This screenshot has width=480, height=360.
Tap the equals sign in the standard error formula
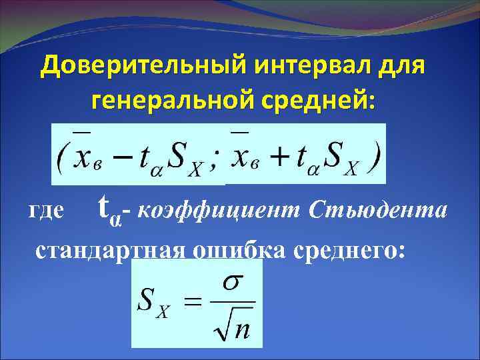[192, 303]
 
